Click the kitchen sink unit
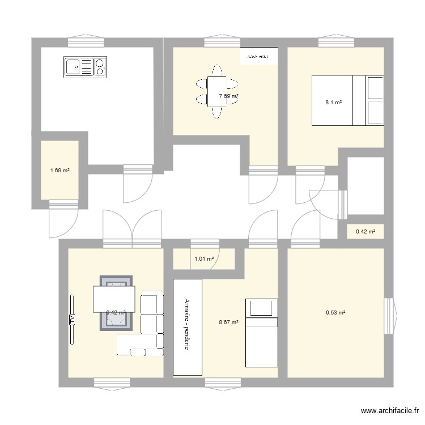click(x=85, y=67)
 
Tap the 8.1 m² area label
click(x=333, y=103)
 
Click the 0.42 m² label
click(x=365, y=231)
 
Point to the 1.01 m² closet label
click(x=204, y=259)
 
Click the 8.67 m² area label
click(x=228, y=322)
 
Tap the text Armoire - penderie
click(x=188, y=326)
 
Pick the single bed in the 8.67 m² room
click(x=261, y=333)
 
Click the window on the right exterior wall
click(x=390, y=316)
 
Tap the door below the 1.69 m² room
click(x=63, y=218)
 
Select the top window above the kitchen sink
click(x=86, y=42)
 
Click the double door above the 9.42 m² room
click(x=131, y=229)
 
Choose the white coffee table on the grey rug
click(x=114, y=299)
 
